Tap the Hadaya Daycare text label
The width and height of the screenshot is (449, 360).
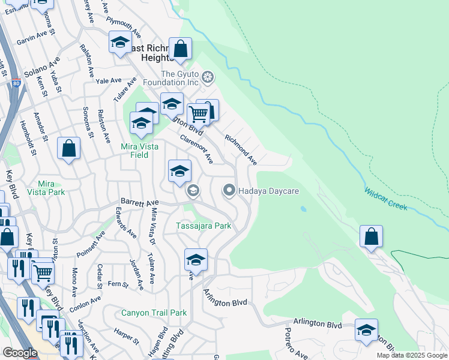[x=268, y=191]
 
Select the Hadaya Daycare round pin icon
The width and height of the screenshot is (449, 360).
[x=229, y=191]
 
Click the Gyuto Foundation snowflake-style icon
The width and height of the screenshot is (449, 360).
[x=208, y=77]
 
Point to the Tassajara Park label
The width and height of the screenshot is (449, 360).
[x=203, y=226]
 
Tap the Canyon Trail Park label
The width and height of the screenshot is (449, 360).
[x=154, y=313]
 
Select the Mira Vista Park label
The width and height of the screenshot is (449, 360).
[x=51, y=188]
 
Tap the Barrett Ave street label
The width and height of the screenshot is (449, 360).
[x=139, y=202]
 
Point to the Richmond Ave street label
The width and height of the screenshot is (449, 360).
[x=241, y=149]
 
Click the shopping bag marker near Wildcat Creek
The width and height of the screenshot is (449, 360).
[x=372, y=236]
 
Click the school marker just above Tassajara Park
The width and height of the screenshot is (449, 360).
[x=179, y=171]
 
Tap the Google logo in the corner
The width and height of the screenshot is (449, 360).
[x=20, y=353]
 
